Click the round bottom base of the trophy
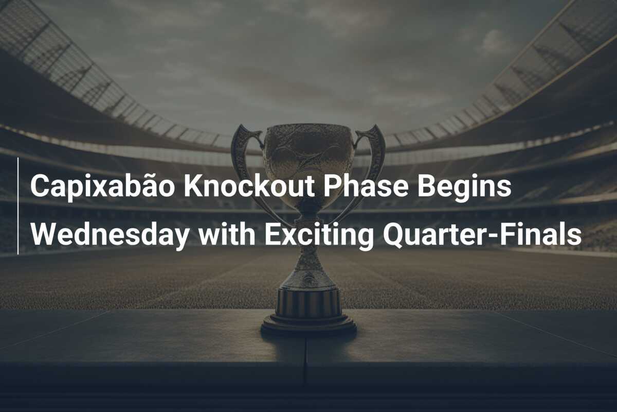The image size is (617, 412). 308,325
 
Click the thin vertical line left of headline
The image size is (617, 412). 18,206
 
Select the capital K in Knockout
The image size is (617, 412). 193,186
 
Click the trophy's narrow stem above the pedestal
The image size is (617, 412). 308,257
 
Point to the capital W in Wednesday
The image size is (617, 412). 42,234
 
